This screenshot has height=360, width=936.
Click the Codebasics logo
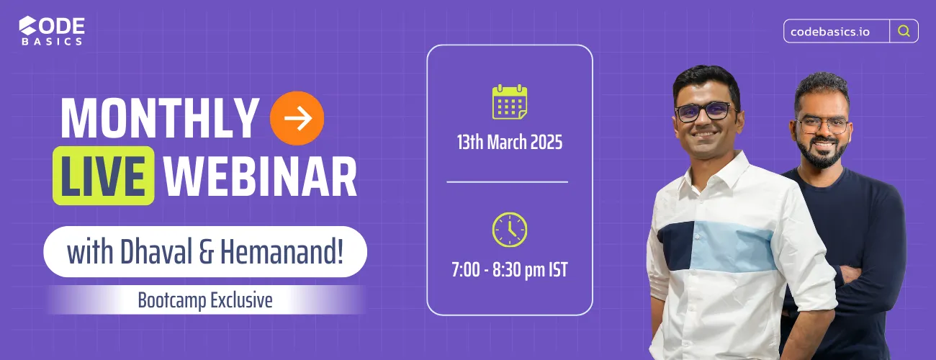pos(52,31)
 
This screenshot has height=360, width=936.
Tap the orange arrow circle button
pos(297,118)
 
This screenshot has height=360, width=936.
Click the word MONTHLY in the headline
pos(159,118)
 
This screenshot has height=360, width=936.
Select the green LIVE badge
pos(104,175)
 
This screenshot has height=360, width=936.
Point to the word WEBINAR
pos(261,175)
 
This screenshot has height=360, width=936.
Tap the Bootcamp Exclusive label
pos(205,300)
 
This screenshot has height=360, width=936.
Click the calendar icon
pos(510,102)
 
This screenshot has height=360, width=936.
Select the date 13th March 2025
pos(510,142)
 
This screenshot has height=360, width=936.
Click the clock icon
pos(510,230)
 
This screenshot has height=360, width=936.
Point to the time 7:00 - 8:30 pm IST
pos(510,271)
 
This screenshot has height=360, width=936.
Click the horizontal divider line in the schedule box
pos(507,182)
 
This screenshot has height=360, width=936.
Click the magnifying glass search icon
pos(904,31)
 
